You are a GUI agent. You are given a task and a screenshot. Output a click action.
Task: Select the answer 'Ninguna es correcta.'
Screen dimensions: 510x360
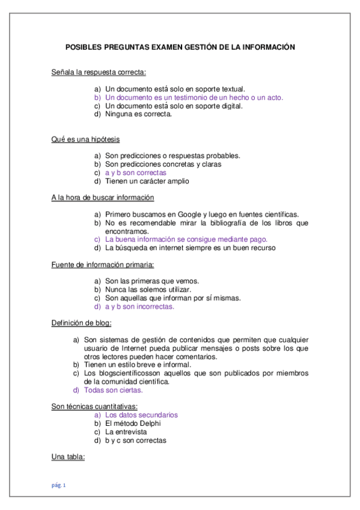click(x=138, y=114)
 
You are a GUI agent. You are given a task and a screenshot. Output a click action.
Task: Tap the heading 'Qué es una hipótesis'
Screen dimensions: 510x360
click(x=85, y=140)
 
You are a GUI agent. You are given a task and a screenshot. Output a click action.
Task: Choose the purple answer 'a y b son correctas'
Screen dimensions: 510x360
click(x=136, y=173)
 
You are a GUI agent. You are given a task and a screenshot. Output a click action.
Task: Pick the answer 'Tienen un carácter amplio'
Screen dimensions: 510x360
click(x=147, y=181)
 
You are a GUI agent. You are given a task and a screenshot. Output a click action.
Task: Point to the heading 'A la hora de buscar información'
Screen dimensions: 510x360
click(x=103, y=197)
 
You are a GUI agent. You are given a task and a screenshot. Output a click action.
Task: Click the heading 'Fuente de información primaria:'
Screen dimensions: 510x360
click(x=103, y=264)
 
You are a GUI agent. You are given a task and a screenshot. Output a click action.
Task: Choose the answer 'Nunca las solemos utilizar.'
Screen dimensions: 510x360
click(x=148, y=289)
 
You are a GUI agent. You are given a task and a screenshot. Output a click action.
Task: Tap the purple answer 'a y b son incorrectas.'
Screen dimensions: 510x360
click(x=139, y=306)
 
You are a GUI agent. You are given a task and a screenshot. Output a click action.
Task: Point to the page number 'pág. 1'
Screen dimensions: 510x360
click(x=58, y=485)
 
